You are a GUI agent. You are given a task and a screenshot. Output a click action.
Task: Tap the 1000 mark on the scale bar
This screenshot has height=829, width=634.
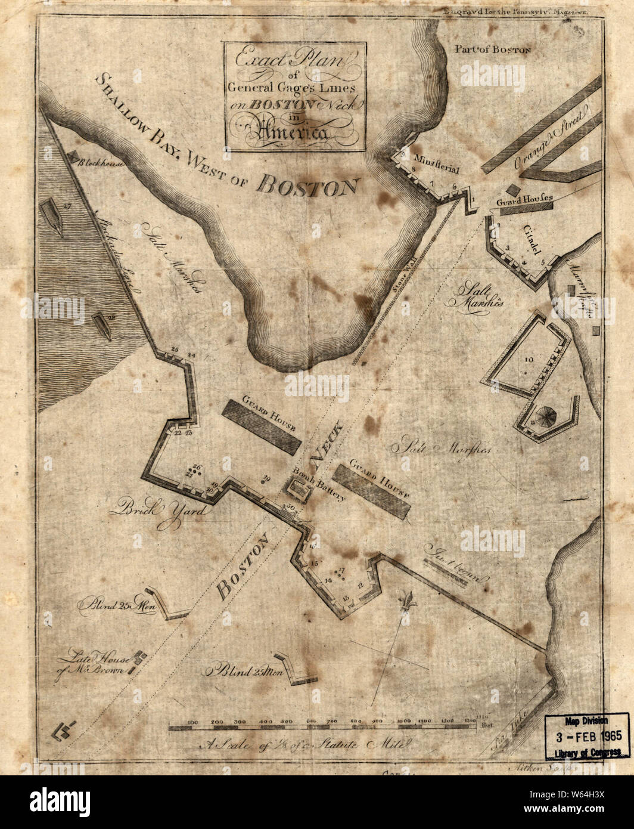tap(404, 723)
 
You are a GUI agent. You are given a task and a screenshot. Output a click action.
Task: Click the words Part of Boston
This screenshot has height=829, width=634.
tap(492, 50)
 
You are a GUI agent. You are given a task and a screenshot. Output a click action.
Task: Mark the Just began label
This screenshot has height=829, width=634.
tap(455, 564)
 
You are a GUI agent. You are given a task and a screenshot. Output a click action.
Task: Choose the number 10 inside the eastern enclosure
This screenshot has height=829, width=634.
tap(529, 360)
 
